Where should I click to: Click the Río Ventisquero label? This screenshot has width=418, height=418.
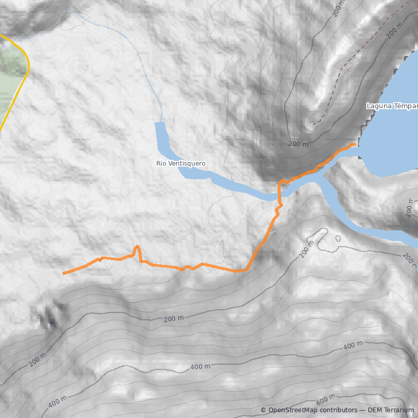[x=181, y=164]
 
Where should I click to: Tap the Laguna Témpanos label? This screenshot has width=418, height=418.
[x=392, y=107]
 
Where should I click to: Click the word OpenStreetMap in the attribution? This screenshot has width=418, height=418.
[x=293, y=410]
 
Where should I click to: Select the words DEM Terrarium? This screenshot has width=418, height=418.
[x=391, y=410]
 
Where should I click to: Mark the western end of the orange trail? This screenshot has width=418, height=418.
[x=63, y=273]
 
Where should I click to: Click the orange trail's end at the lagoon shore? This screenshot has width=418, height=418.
[x=355, y=144]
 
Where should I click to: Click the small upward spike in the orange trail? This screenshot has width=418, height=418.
[x=136, y=247]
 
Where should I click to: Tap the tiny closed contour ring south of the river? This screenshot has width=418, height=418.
[x=337, y=238]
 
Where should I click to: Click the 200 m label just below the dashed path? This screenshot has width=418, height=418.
[x=299, y=143]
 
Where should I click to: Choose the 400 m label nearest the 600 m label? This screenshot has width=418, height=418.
[x=353, y=345]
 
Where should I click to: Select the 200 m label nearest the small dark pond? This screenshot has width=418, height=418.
[x=36, y=361]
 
